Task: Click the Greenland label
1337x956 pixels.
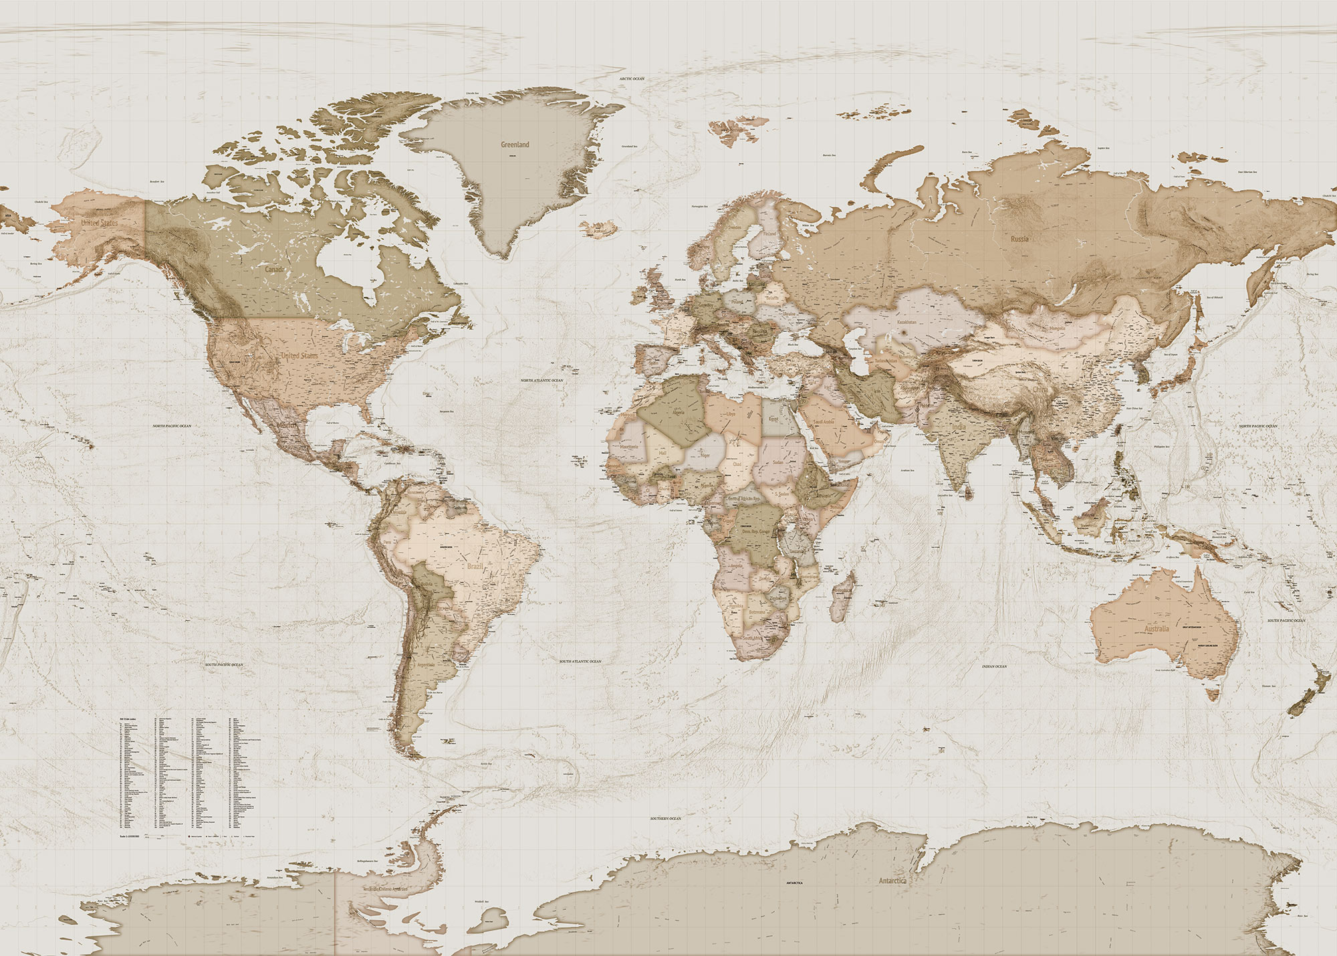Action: pyautogui.click(x=515, y=145)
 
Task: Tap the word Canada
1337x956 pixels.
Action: pyautogui.click(x=275, y=269)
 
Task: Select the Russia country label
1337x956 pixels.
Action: pyautogui.click(x=1019, y=239)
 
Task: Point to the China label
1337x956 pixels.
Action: pyautogui.click(x=1040, y=389)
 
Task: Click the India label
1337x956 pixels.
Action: pyautogui.click(x=959, y=427)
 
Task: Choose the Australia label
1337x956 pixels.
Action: pyautogui.click(x=1157, y=629)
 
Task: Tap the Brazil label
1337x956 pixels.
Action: pyautogui.click(x=475, y=567)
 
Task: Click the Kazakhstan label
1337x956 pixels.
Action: pyautogui.click(x=906, y=322)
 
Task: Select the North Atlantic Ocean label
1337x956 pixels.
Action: pyautogui.click(x=542, y=381)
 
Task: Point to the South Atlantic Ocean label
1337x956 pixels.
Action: pyautogui.click(x=580, y=662)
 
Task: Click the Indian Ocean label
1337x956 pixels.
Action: pyautogui.click(x=994, y=666)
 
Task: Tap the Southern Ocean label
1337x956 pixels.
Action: pyautogui.click(x=665, y=818)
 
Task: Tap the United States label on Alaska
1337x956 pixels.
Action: pyautogui.click(x=100, y=223)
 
